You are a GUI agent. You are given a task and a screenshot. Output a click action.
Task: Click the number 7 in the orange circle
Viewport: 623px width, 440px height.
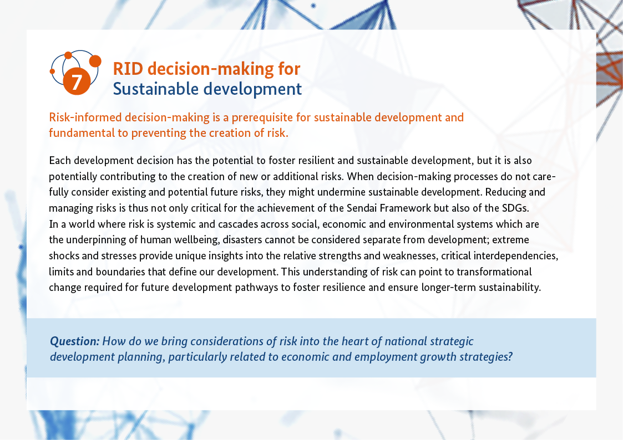[77, 81]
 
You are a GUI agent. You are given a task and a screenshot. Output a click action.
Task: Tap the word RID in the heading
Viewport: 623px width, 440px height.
[128, 69]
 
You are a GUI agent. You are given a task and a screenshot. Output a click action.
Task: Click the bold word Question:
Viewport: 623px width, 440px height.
[75, 341]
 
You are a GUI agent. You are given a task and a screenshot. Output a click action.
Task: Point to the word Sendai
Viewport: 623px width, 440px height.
[362, 208]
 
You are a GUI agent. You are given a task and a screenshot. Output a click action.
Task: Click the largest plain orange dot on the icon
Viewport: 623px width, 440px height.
[95, 61]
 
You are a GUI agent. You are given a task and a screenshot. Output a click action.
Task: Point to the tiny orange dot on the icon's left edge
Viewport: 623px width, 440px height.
[52, 71]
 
